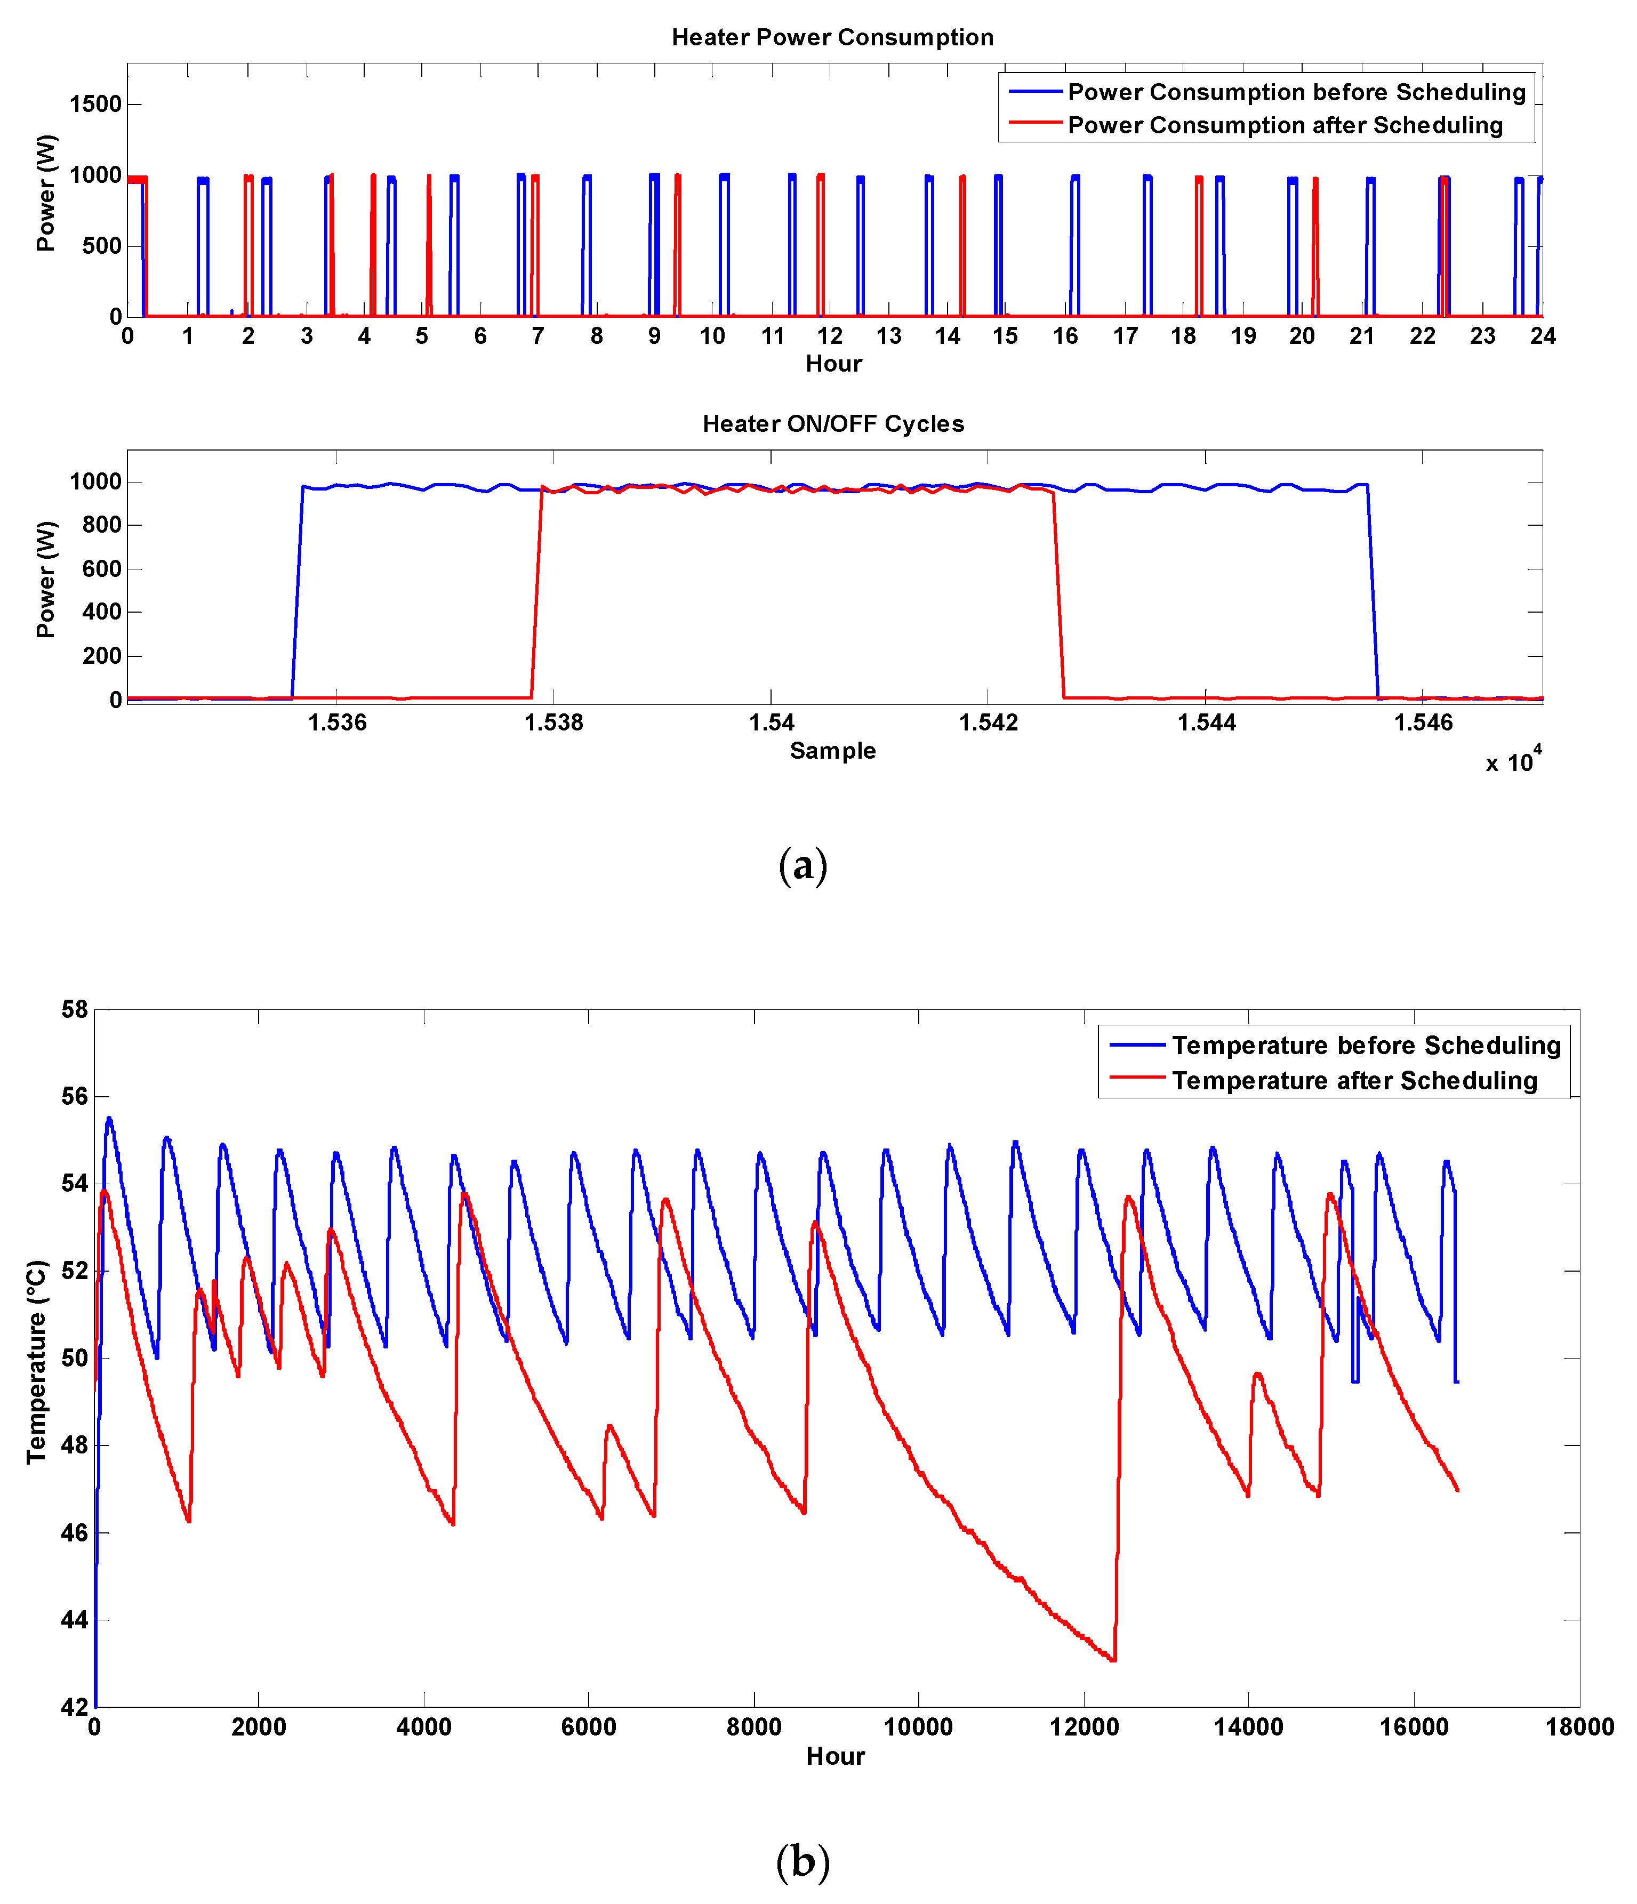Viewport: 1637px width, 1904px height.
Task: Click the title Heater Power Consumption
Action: (832, 38)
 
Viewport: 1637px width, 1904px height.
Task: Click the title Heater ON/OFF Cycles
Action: (833, 424)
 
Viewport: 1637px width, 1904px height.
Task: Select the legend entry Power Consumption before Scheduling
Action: (1295, 92)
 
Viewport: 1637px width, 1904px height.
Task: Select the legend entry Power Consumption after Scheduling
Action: (1284, 125)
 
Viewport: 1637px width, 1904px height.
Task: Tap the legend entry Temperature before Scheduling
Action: (1365, 1046)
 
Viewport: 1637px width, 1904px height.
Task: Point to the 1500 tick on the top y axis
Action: (95, 104)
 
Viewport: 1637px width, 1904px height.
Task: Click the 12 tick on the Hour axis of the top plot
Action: (830, 336)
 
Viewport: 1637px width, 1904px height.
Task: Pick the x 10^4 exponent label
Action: (1513, 762)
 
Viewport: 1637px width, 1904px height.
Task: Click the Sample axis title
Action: (833, 751)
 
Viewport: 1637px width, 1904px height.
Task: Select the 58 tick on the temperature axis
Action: (75, 1010)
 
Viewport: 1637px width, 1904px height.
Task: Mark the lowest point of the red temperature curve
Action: (1113, 1660)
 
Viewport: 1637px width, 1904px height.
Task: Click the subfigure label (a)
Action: (803, 865)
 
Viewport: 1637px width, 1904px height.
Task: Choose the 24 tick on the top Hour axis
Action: (1542, 336)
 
